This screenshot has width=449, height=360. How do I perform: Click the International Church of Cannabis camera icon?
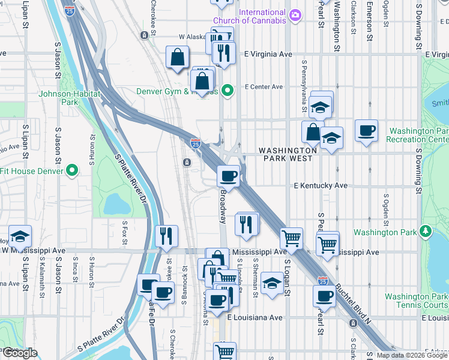pyautogui.click(x=295, y=15)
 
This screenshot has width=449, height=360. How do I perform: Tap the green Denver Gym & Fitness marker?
pyautogui.click(x=228, y=91)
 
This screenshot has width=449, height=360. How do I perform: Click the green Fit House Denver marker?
pyautogui.click(x=72, y=170)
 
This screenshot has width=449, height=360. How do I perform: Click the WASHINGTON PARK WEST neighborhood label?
pyautogui.click(x=288, y=154)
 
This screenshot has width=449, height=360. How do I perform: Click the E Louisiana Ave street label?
pyautogui.click(x=255, y=317)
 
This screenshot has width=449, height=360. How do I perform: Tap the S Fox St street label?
pyautogui.click(x=125, y=230)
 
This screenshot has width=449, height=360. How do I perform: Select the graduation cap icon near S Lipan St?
pyautogui.click(x=20, y=236)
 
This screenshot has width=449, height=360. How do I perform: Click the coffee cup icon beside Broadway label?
pyautogui.click(x=228, y=176)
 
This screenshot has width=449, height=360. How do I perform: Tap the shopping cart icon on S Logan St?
pyautogui.click(x=291, y=238)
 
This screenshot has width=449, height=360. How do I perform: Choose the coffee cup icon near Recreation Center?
pyautogui.click(x=366, y=130)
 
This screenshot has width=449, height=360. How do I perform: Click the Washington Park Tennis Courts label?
pyautogui.click(x=416, y=301)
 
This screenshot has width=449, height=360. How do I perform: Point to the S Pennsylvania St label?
pyautogui.click(x=305, y=82)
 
